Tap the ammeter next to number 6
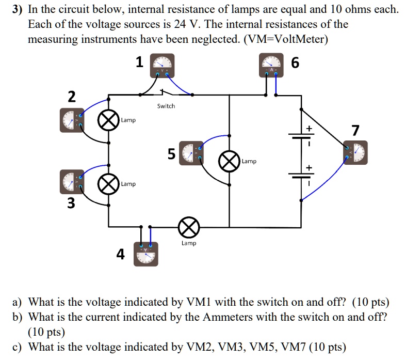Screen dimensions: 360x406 coord(271,65)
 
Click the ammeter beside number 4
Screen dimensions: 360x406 coord(146,254)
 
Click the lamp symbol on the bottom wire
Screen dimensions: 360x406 coord(188,226)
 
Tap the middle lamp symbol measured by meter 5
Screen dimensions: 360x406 coord(229,161)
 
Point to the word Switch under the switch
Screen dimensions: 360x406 coord(166,106)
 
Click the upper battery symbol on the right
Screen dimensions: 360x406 coord(301,136)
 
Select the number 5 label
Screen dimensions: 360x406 coord(171,153)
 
